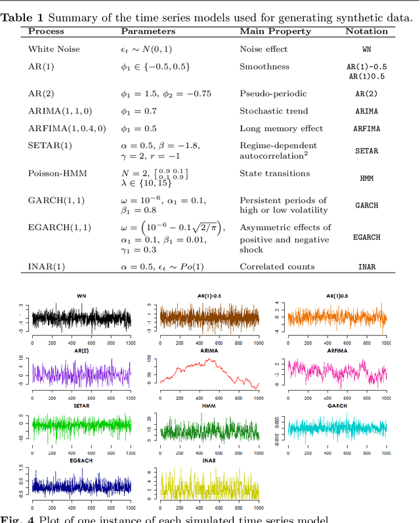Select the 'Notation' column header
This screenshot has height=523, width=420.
pyautogui.click(x=362, y=31)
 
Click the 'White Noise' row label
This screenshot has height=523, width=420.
pyautogui.click(x=51, y=49)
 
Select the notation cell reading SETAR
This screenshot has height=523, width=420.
pyautogui.click(x=367, y=151)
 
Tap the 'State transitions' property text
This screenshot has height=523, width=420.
pyautogui.click(x=274, y=174)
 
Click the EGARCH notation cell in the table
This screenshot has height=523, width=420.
pyautogui.click(x=367, y=237)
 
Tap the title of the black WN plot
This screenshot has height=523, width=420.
pyautogui.click(x=81, y=296)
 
